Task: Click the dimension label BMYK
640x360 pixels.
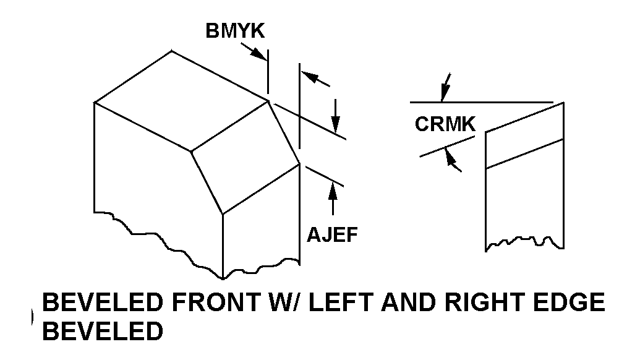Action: (234, 32)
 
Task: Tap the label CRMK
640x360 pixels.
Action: (445, 124)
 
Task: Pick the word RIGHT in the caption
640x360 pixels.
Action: (493, 304)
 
